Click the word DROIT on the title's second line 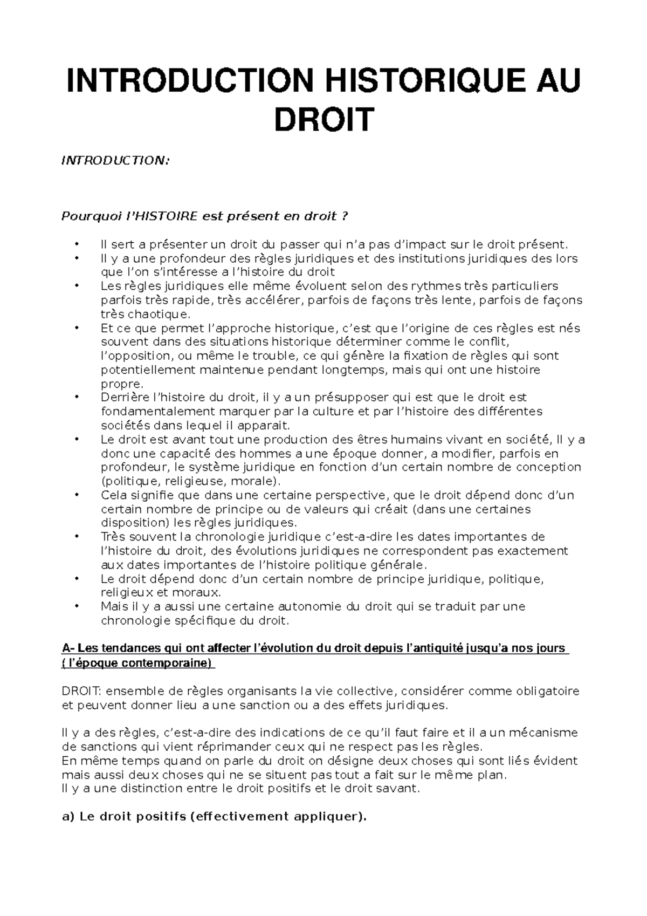tap(323, 120)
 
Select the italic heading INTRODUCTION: tap(115, 160)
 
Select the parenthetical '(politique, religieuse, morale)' tap(191, 481)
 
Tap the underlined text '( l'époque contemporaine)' tap(138, 663)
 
